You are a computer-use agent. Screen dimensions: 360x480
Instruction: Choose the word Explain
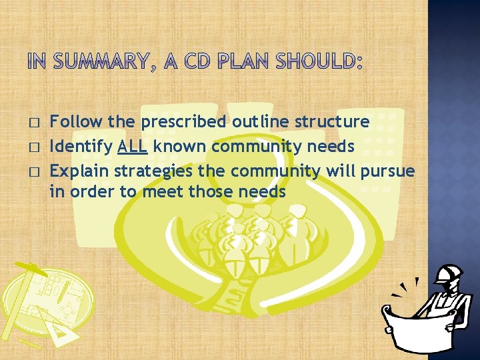(x=79, y=171)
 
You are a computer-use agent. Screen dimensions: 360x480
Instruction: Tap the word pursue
(x=387, y=171)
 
